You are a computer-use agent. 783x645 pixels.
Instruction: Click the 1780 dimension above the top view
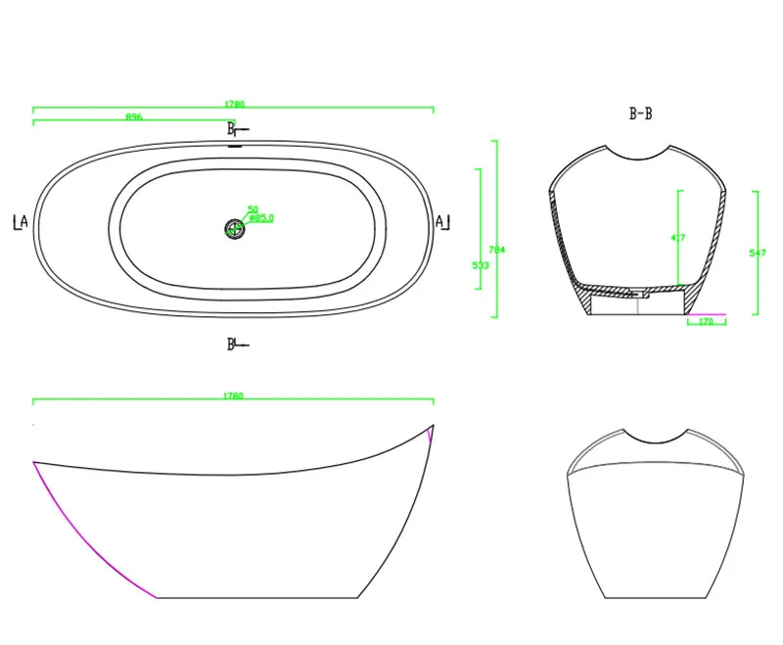[x=234, y=103]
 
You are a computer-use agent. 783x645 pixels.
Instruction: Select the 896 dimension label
[x=134, y=116]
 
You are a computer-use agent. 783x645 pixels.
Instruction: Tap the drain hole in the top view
[x=234, y=229]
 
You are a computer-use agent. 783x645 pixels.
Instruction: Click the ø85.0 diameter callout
[x=261, y=218]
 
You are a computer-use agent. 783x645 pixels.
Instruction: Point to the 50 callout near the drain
[x=253, y=209]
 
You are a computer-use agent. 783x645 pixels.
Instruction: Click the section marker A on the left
[x=21, y=222]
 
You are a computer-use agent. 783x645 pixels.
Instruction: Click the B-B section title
[x=640, y=115]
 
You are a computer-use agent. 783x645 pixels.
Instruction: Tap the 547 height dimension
[x=757, y=253]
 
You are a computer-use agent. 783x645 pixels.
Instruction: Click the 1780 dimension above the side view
[x=234, y=396]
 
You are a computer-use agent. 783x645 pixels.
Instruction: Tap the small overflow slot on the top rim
[x=235, y=146]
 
